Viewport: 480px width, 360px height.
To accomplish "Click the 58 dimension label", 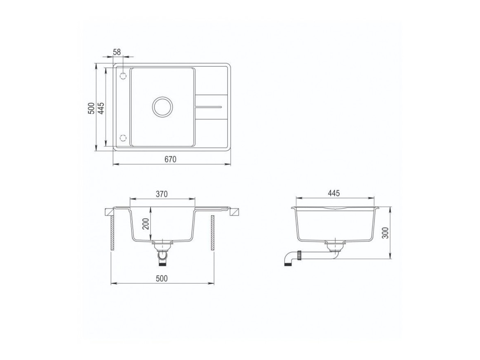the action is tap(117, 52).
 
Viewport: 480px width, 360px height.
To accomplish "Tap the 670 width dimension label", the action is tap(171, 159).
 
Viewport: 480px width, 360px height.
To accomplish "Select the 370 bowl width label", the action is tap(162, 194).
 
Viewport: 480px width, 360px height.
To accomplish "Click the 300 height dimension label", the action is tap(385, 233).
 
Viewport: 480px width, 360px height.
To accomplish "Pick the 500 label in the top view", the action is tap(91, 108).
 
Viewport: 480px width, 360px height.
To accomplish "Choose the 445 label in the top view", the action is tap(101, 108).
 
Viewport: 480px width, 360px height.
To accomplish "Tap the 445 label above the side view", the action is tap(334, 193).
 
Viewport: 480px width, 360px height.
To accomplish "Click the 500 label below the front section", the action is tap(162, 279).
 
